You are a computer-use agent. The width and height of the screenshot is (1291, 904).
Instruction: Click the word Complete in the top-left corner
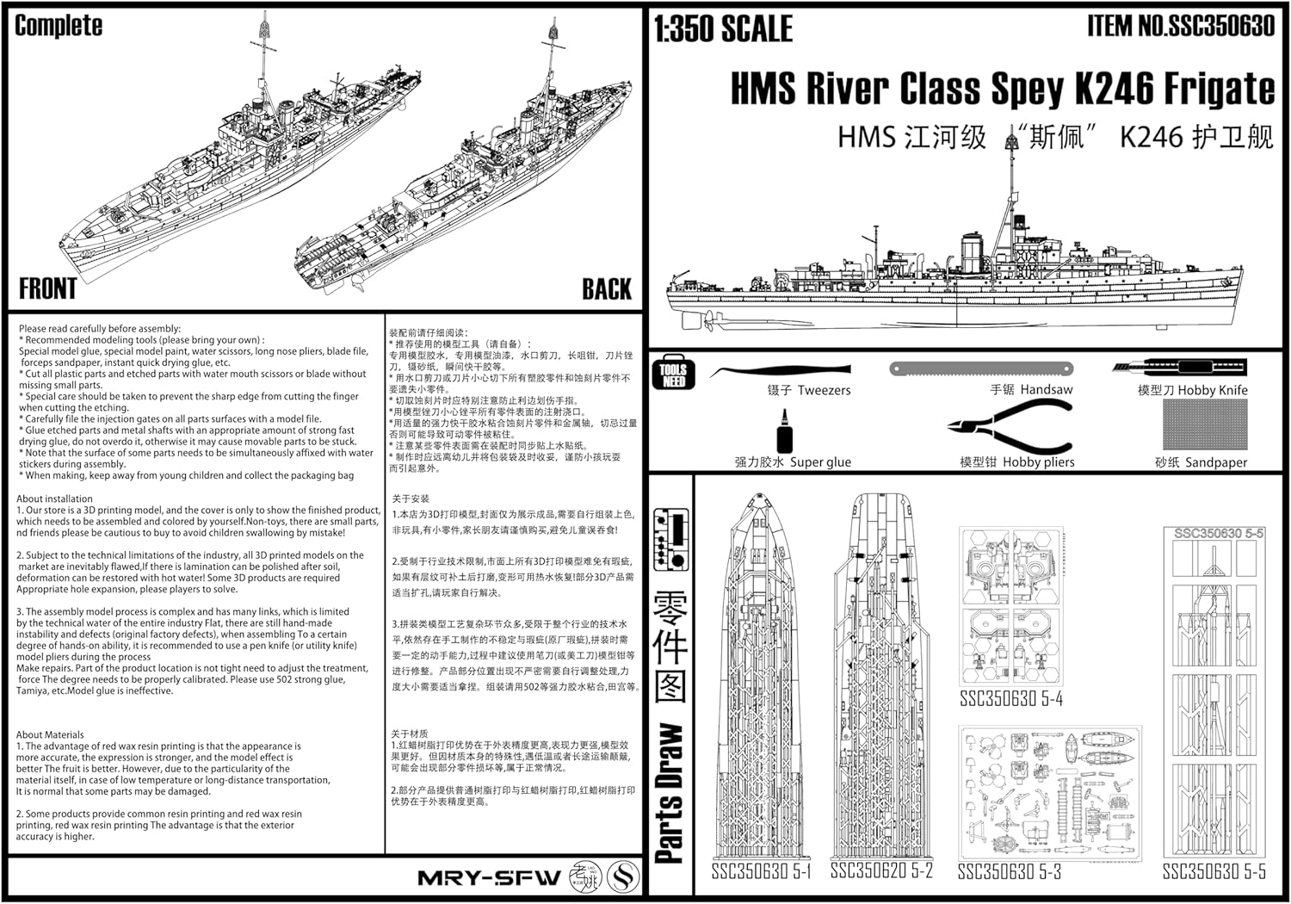(x=59, y=26)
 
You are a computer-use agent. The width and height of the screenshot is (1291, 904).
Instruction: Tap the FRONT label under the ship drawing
(x=48, y=288)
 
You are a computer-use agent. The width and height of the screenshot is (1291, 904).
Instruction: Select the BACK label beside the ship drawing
(x=607, y=289)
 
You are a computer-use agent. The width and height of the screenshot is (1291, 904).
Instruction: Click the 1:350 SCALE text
(x=723, y=29)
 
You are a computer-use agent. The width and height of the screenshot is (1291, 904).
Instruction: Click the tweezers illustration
(x=780, y=371)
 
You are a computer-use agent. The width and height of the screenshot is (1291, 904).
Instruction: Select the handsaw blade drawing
(x=982, y=368)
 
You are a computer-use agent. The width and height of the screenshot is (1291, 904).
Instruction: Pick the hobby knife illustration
(x=1178, y=367)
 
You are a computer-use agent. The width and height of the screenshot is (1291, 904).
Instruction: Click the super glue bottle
(x=784, y=431)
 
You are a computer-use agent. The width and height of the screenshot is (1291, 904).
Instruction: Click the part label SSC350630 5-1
(x=761, y=872)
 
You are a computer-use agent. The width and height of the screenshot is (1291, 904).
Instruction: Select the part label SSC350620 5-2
(x=881, y=870)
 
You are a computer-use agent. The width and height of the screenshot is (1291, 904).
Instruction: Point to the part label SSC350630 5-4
(x=1011, y=698)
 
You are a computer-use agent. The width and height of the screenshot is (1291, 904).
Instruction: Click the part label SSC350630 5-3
(x=1009, y=872)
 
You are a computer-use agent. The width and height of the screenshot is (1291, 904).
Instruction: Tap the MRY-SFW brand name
(x=488, y=878)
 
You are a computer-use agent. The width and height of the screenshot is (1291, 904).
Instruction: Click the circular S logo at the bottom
(x=624, y=877)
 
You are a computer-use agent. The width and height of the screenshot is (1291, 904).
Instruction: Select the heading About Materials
(x=50, y=734)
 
